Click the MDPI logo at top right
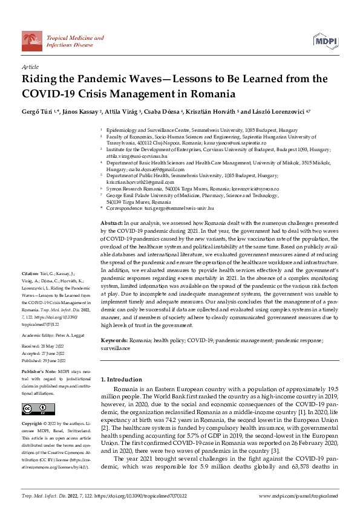pos(326,41)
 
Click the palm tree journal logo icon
pos(32,41)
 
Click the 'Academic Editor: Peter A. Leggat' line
pos(54,317)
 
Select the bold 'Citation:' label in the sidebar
pos(31,273)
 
